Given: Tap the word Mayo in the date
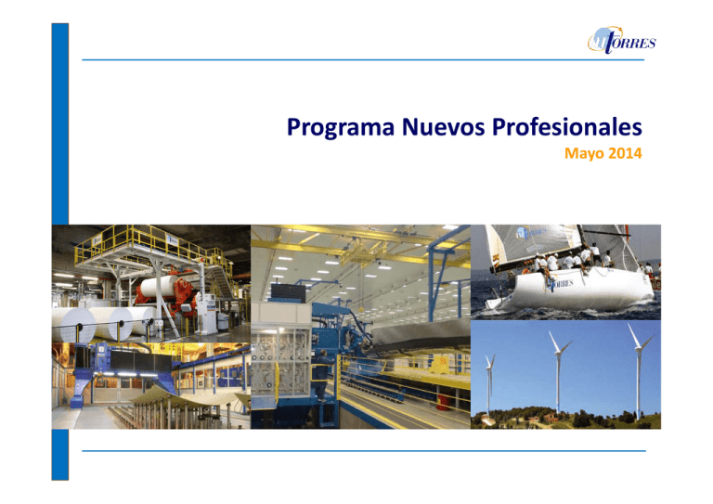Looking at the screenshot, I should point(583,151).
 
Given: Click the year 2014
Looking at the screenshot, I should point(626,151).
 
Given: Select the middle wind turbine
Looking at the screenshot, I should point(556,371).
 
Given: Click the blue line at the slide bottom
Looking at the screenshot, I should point(362,450).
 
